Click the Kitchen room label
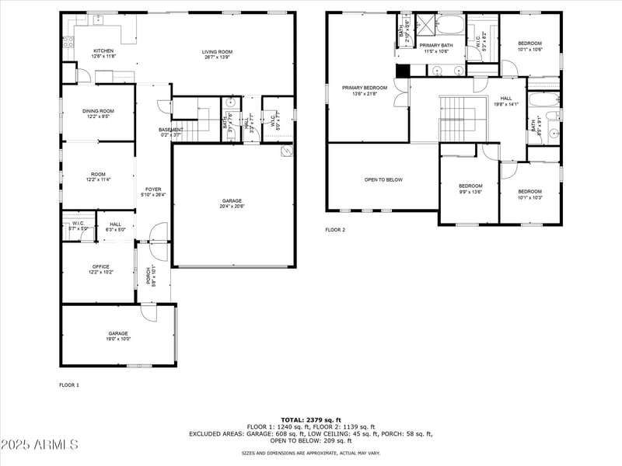click(x=103, y=51)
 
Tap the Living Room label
click(x=218, y=52)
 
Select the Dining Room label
click(x=98, y=111)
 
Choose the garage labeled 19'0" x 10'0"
click(x=119, y=333)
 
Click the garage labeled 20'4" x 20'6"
click(x=232, y=200)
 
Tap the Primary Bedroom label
click(x=365, y=88)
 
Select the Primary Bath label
click(x=435, y=46)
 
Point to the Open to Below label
click(x=383, y=179)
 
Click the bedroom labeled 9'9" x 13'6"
click(x=470, y=186)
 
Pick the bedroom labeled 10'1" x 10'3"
click(x=530, y=192)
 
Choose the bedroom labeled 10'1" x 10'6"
click(x=529, y=43)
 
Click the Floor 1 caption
click(x=69, y=384)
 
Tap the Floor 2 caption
click(x=335, y=230)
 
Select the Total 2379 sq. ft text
click(x=311, y=419)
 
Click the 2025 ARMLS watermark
click(x=40, y=445)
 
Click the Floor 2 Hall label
click(x=506, y=99)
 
